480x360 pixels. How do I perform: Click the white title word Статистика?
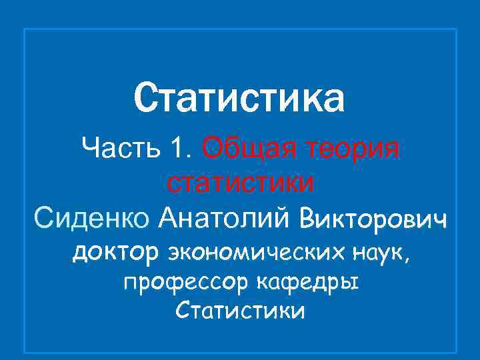click(239, 98)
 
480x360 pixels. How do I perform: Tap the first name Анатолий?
click(225, 217)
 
